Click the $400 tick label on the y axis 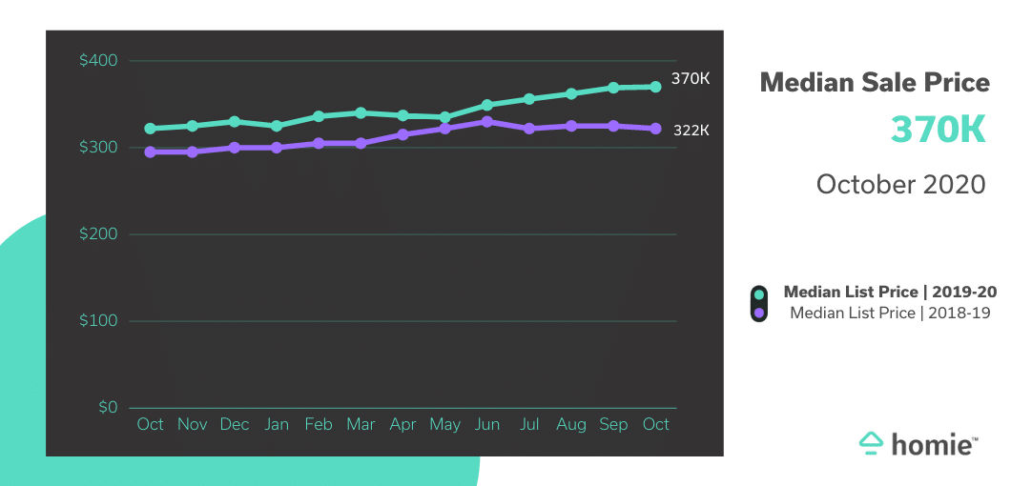[98, 61]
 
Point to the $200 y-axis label [98, 234]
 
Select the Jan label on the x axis [277, 424]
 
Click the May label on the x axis [444, 425]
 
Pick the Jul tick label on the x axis [529, 424]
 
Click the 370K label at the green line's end [691, 79]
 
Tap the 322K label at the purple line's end [691, 130]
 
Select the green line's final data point [655, 87]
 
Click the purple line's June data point [487, 122]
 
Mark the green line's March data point [361, 112]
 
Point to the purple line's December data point [235, 148]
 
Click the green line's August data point [571, 93]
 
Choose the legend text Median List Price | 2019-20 [890, 293]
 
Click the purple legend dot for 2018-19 [758, 313]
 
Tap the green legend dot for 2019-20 [758, 294]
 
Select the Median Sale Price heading [875, 83]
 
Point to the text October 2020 [900, 184]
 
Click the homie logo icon [872, 442]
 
